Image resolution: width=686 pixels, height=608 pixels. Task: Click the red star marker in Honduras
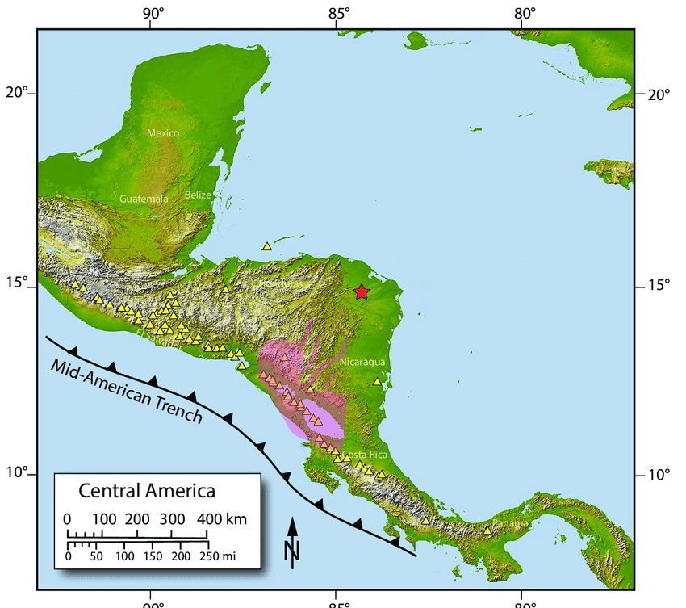coord(362,292)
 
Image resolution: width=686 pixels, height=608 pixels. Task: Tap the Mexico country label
coord(163,132)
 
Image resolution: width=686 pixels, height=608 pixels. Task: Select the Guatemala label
coord(144,199)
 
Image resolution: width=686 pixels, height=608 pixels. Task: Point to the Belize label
coord(198,195)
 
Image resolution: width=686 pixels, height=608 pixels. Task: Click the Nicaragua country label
coord(362,362)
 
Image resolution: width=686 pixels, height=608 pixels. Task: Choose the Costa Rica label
coord(365,455)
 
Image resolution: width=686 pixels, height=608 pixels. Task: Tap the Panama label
coord(510,523)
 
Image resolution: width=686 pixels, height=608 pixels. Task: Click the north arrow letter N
coord(292,551)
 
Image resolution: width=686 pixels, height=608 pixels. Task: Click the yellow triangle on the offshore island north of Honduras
coord(267,245)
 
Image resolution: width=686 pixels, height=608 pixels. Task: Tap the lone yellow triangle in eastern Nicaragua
coord(377,381)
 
